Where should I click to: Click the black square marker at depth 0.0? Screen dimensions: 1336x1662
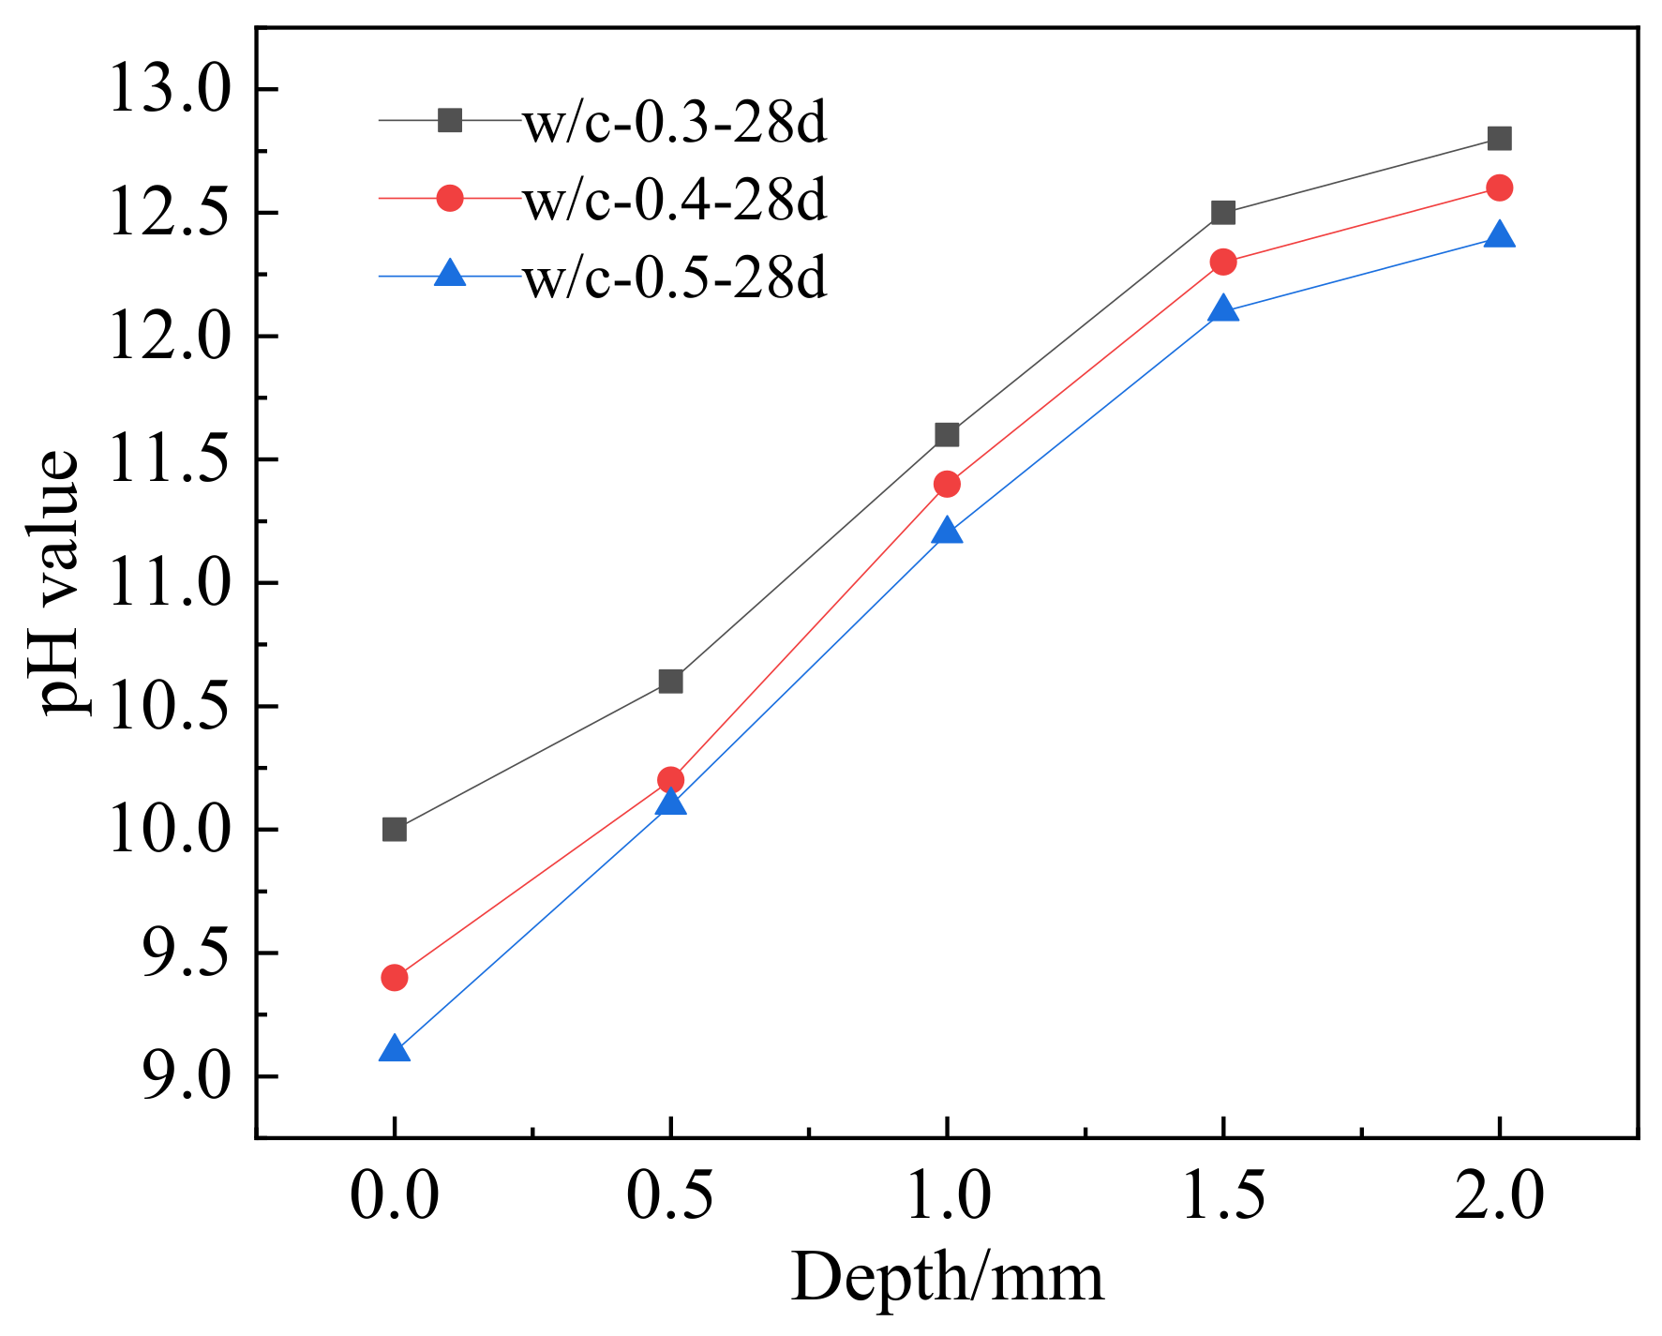(x=395, y=830)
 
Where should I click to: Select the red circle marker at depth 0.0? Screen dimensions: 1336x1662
(x=395, y=978)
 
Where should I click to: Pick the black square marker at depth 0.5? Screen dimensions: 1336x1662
(x=670, y=682)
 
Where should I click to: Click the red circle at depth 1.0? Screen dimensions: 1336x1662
(x=947, y=484)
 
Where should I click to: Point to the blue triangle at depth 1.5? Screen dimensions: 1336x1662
(x=1223, y=309)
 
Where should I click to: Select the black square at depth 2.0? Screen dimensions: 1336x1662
(x=1499, y=139)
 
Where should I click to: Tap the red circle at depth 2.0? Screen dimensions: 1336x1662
(x=1499, y=188)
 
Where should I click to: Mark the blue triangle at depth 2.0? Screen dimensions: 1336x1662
(x=1499, y=235)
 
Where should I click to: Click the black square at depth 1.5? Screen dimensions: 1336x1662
(x=1223, y=213)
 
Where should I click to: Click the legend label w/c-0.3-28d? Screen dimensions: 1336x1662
(x=675, y=123)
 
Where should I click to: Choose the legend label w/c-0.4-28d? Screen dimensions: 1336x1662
(x=675, y=200)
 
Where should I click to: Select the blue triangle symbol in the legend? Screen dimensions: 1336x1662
(x=450, y=275)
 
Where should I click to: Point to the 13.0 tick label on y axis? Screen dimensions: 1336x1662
(x=169, y=90)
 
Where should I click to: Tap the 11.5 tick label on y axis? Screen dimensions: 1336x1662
(x=169, y=460)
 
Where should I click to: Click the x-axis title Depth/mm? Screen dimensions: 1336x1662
(x=947, y=1278)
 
